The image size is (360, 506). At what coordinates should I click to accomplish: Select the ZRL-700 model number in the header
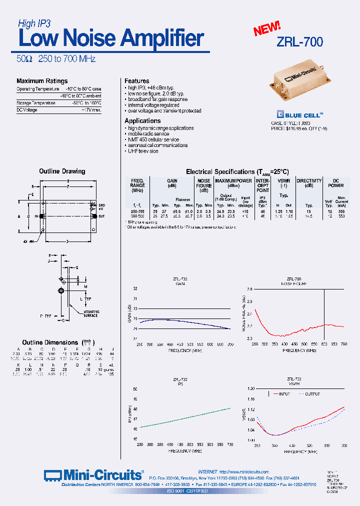point(299,42)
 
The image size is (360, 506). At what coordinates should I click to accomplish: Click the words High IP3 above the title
point(34,23)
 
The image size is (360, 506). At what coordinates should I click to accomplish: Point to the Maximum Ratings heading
point(42,81)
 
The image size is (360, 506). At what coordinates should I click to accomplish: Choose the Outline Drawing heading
point(62,171)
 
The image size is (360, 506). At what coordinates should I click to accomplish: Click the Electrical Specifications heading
point(237,171)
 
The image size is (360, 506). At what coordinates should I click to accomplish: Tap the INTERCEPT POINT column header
point(262,185)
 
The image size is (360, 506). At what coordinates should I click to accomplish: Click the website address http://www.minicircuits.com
point(244,472)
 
